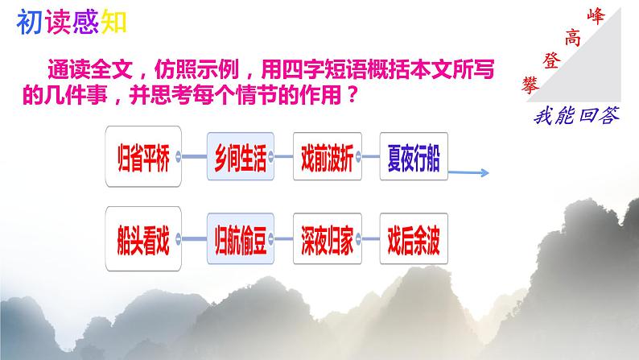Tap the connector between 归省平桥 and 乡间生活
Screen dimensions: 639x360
(x=196, y=157)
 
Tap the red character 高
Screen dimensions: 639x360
(x=573, y=36)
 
